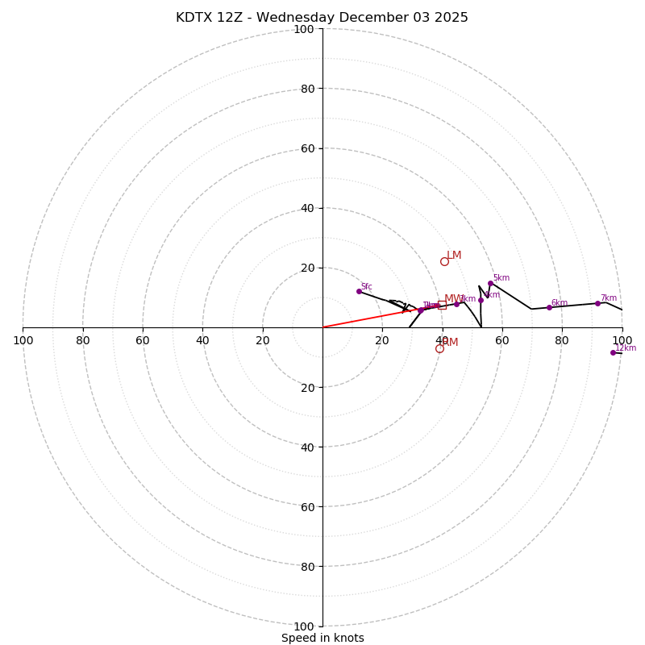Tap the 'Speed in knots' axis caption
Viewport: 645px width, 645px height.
point(322,638)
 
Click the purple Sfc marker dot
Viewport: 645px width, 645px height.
point(359,291)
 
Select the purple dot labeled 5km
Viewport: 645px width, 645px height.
point(490,283)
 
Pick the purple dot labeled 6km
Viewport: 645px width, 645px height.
point(549,307)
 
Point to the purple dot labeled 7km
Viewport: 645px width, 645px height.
point(597,303)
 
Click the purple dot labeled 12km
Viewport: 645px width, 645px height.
point(613,352)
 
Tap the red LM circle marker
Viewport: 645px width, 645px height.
point(444,261)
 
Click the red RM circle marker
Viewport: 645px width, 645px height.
point(439,348)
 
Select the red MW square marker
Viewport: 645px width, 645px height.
point(442,305)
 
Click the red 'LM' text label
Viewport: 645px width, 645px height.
point(454,256)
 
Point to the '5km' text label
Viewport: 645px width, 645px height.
point(501,278)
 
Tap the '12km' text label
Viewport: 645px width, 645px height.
point(626,348)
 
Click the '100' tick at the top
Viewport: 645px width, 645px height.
point(303,30)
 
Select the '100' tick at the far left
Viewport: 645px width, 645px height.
point(23,340)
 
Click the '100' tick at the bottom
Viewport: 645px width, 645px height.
point(303,626)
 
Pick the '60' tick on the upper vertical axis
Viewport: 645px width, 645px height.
point(306,148)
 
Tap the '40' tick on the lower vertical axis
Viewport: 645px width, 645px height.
point(306,447)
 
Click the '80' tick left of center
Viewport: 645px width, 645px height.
point(83,340)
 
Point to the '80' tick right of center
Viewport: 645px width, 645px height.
point(562,340)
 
